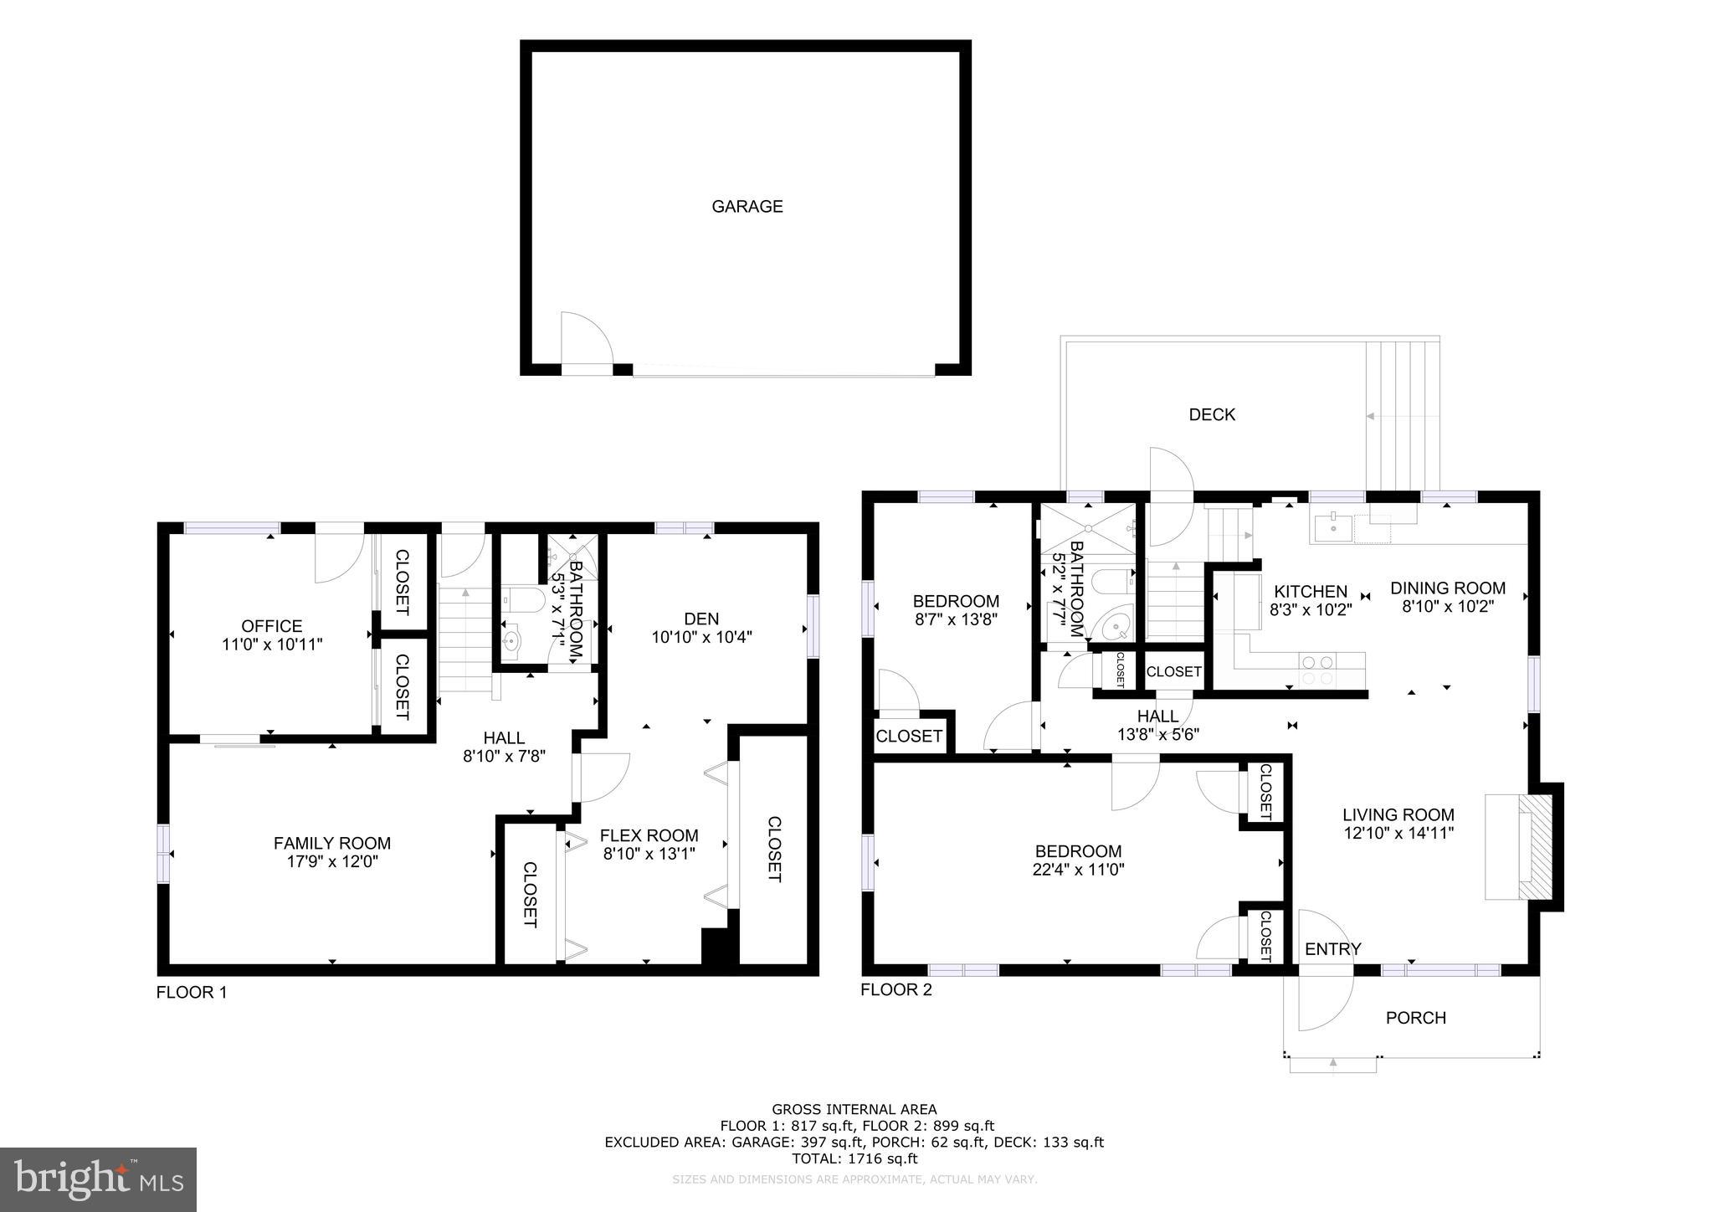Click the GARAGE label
[747, 207]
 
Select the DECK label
[1211, 414]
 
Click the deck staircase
[1402, 414]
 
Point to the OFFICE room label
[271, 626]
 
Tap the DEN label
[701, 619]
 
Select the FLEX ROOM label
[649, 835]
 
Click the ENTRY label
[1332, 949]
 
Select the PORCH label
[1415, 1018]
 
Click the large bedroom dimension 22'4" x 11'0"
[1078, 870]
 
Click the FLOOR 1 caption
[191, 993]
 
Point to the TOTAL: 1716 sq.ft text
[854, 1158]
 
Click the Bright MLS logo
[98, 1179]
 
